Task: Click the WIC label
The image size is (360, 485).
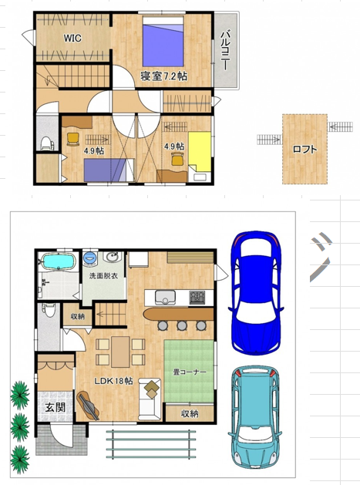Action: pyautogui.click(x=72, y=38)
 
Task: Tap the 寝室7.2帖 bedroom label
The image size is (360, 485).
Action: pyautogui.click(x=163, y=76)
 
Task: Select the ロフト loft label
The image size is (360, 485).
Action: pyautogui.click(x=304, y=150)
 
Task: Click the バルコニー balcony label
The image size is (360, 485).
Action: pyautogui.click(x=227, y=49)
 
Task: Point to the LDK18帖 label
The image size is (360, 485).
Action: pyautogui.click(x=113, y=381)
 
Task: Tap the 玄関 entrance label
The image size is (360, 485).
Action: pyautogui.click(x=56, y=407)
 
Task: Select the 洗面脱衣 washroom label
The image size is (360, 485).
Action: pyautogui.click(x=103, y=275)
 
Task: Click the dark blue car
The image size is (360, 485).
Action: pyautogui.click(x=256, y=292)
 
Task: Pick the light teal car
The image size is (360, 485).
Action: pyautogui.click(x=255, y=418)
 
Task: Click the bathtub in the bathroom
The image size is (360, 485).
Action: pyautogui.click(x=59, y=261)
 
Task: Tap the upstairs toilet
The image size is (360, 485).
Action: pyautogui.click(x=47, y=143)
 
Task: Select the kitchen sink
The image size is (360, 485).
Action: pyautogui.click(x=165, y=298)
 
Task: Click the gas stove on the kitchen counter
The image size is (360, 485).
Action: pyautogui.click(x=197, y=298)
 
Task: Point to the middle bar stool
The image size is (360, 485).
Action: pyautogui.click(x=182, y=325)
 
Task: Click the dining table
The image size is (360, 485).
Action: pyautogui.click(x=120, y=352)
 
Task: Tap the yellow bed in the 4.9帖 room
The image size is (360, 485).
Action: pyautogui.click(x=200, y=151)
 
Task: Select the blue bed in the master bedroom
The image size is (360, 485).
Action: pyautogui.click(x=163, y=41)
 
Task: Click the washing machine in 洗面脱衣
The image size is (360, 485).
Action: pyautogui.click(x=89, y=258)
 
